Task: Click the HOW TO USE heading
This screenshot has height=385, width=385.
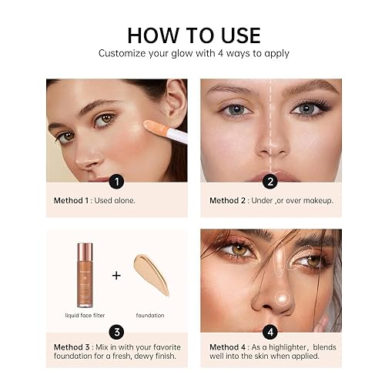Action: pos(193,35)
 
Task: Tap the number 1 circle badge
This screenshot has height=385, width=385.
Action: pos(115,182)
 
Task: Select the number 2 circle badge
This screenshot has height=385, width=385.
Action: pos(269,182)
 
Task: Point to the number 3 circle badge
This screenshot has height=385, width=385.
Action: pos(115,333)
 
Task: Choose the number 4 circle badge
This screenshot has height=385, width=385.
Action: pos(269,333)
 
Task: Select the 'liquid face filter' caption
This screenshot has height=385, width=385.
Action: pos(83,314)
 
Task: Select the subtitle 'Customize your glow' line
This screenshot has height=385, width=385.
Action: pos(192,54)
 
